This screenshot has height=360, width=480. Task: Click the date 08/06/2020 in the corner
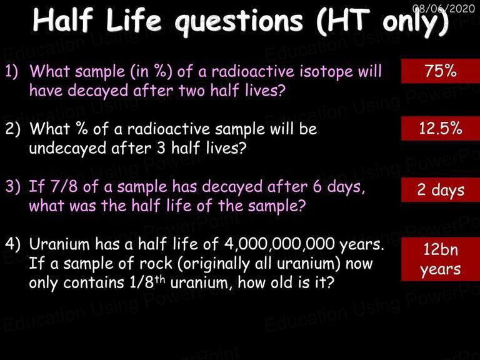coord(444,8)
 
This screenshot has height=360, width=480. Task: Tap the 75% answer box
coord(441,71)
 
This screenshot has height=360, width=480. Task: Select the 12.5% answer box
coord(441,128)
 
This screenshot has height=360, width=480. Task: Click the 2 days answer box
coord(441,189)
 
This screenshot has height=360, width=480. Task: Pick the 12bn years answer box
coord(441,259)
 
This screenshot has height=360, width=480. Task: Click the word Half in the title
coord(62,20)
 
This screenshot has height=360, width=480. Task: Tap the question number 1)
coord(12,71)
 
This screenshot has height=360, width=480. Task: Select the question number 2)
coord(12,129)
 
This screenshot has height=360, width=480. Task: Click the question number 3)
coord(12,186)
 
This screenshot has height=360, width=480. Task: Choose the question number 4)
coord(12,244)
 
